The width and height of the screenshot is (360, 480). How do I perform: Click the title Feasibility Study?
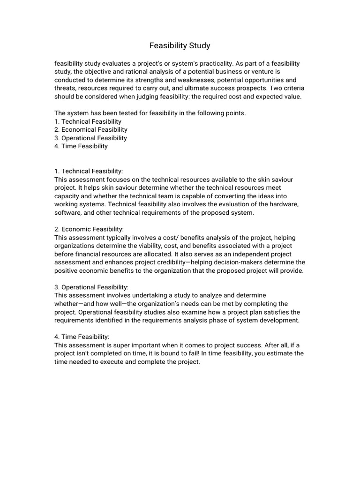[x=180, y=45]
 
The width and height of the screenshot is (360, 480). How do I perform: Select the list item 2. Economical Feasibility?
[x=91, y=129]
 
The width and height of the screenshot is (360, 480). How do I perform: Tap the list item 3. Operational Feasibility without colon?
[x=90, y=138]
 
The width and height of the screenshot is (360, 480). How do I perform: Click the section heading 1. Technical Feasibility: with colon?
[x=89, y=171]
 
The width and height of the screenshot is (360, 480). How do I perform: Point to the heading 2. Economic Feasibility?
[x=89, y=229]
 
